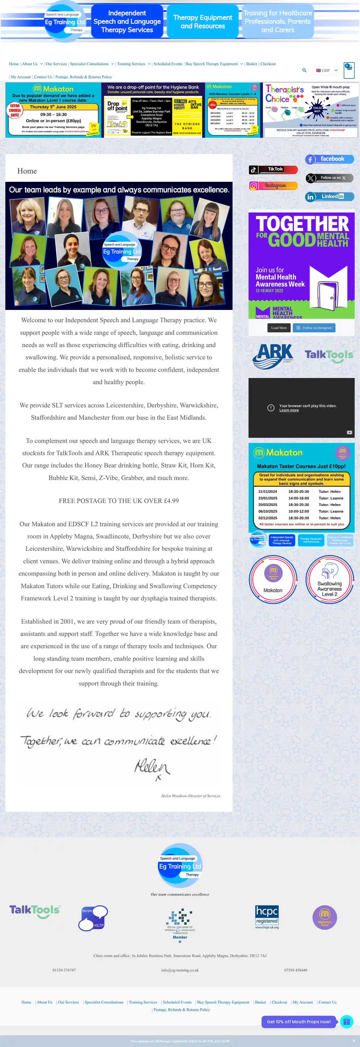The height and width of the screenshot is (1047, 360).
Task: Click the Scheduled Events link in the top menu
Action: [168, 64]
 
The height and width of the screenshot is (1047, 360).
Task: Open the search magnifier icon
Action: [304, 70]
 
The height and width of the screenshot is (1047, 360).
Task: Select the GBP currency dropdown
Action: [326, 70]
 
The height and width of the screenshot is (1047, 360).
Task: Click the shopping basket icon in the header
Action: [349, 70]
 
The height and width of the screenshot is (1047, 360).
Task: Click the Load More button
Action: [279, 328]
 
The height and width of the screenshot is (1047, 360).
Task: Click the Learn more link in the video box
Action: [289, 410]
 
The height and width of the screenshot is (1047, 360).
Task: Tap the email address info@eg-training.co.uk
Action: [180, 970]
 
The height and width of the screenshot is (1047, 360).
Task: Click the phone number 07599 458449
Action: [295, 970]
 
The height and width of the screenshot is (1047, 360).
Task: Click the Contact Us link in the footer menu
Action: [327, 1002]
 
